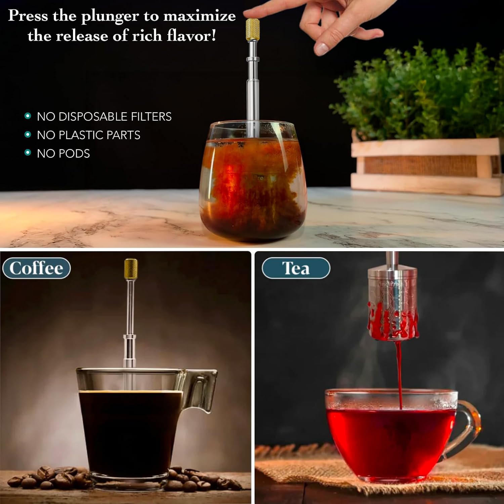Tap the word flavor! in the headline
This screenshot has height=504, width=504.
[192, 36]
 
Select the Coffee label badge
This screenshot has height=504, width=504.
[36, 268]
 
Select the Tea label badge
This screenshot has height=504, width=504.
[296, 268]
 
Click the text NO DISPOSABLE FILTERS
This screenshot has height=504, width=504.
[104, 117]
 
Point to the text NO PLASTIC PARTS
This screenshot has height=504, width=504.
[88, 135]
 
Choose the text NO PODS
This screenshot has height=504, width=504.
[63, 154]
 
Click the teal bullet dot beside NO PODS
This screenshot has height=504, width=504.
[28, 153]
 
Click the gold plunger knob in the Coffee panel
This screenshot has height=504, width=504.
[131, 267]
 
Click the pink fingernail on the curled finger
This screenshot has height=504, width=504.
[321, 49]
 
